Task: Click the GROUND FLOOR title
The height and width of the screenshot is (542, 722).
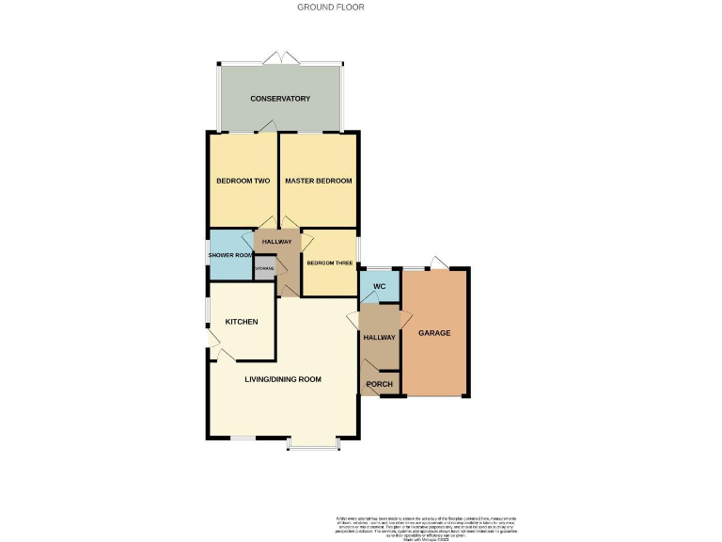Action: (331, 7)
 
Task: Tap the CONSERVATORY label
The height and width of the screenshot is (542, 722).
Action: (280, 98)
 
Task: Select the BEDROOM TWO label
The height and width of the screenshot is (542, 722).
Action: (243, 181)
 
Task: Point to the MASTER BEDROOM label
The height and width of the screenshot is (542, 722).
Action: (319, 181)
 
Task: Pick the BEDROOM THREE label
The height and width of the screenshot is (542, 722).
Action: (329, 263)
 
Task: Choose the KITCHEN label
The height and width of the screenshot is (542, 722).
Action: (242, 323)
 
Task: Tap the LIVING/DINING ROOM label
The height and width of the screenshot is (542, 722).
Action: (283, 380)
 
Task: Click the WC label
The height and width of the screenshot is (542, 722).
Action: (380, 286)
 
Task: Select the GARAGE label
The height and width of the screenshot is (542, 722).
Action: (434, 333)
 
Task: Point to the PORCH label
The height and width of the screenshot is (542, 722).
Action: (380, 384)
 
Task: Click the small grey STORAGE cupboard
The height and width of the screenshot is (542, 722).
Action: (264, 268)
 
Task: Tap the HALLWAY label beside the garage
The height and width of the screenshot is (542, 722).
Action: (380, 337)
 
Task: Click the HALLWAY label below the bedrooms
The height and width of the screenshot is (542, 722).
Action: (277, 243)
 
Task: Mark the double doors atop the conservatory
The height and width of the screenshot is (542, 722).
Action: (281, 58)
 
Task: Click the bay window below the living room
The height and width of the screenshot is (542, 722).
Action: (312, 444)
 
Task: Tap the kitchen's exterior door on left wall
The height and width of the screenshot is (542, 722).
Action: (213, 351)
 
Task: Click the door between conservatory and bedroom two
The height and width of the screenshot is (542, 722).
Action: (269, 126)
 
